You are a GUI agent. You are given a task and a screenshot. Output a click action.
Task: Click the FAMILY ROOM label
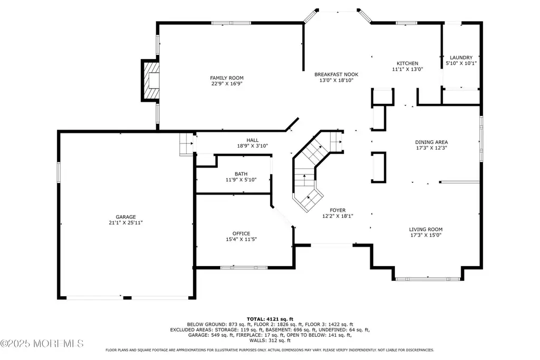227,78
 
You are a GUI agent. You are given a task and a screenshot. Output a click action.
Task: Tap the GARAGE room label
126,217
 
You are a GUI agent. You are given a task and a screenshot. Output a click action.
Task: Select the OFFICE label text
241,233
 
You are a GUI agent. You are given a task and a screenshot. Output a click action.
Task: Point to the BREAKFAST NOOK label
336,74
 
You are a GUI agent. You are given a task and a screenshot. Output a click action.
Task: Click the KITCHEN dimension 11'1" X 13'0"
408,69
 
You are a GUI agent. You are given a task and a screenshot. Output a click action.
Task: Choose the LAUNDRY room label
461,57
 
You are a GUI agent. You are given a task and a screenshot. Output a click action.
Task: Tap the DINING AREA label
431,142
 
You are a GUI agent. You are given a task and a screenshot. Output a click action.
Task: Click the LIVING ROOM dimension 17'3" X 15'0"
426,236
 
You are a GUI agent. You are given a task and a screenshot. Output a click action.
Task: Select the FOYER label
337,210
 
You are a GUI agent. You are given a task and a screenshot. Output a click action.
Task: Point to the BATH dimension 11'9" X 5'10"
241,180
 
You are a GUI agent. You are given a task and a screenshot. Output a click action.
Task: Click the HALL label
253,140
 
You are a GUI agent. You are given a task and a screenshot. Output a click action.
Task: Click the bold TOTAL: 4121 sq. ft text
270,319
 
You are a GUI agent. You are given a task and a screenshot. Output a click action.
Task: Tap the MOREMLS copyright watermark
42,343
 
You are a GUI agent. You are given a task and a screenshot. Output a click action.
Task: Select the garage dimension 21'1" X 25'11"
126,223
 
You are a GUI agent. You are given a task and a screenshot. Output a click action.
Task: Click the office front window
244,267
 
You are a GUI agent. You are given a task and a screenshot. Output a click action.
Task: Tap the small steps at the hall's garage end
186,144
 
